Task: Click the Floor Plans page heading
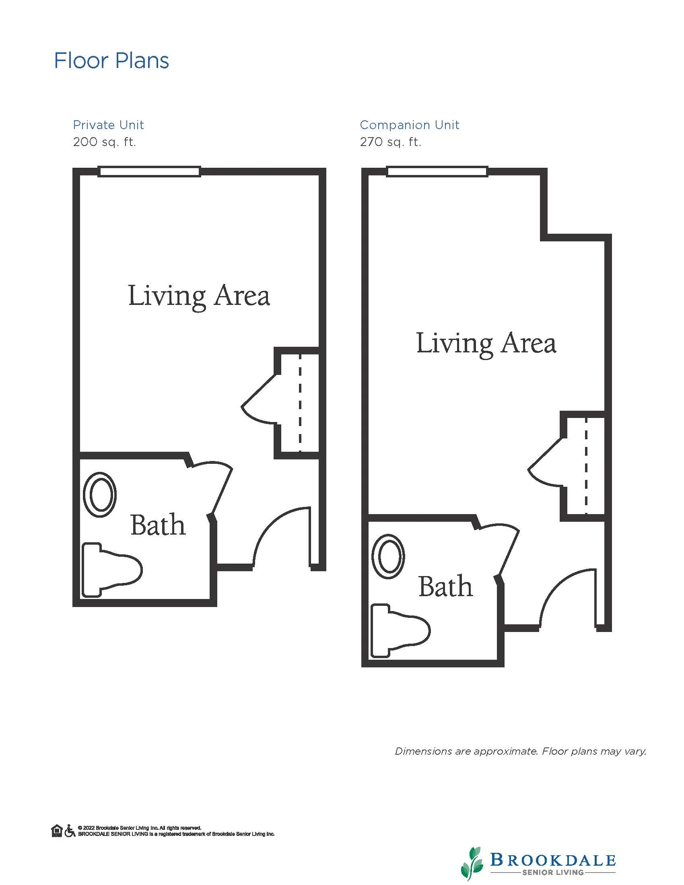click(x=111, y=61)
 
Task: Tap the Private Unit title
click(x=108, y=125)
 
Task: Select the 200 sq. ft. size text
click(x=105, y=142)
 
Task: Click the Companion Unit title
click(x=409, y=125)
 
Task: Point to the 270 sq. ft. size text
click(x=391, y=142)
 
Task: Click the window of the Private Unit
click(x=150, y=171)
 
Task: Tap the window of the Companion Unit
click(x=437, y=171)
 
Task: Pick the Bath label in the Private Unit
click(x=158, y=525)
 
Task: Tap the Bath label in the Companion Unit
click(x=446, y=587)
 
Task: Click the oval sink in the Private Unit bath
click(x=100, y=495)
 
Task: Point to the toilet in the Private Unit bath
click(x=112, y=570)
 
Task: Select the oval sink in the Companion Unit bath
click(x=388, y=556)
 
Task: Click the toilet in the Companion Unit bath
click(x=400, y=631)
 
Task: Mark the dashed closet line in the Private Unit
click(x=300, y=403)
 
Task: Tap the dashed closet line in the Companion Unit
click(x=586, y=466)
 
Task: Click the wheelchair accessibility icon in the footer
click(x=70, y=831)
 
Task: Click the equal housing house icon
click(x=57, y=831)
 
